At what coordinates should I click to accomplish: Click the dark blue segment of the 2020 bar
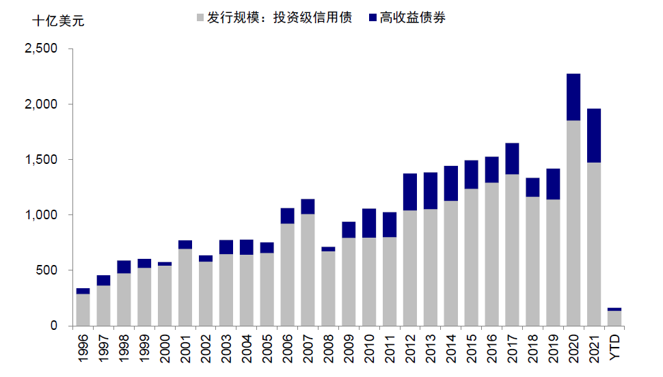tap(573, 97)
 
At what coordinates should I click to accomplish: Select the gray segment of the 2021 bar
tap(594, 244)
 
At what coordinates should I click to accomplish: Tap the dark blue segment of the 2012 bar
tap(410, 192)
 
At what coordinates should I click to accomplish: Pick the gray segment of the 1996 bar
tap(83, 309)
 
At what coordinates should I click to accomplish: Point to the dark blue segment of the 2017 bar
tap(513, 158)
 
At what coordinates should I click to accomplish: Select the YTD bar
tap(614, 318)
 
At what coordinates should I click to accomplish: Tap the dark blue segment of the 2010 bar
tap(369, 223)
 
